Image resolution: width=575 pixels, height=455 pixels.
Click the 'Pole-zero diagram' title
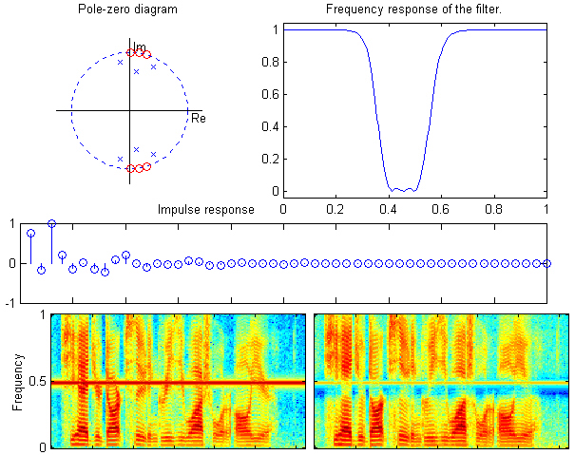[x=128, y=10]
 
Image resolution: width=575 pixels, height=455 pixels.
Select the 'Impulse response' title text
[x=205, y=209]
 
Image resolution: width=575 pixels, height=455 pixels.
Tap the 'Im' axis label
[x=139, y=45]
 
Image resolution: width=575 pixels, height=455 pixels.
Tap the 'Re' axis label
[x=198, y=119]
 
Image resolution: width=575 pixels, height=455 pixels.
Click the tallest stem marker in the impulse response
[x=51, y=224]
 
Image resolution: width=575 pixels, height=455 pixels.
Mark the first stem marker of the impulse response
[x=30, y=233]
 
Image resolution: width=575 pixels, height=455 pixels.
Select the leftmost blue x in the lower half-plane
[x=120, y=159]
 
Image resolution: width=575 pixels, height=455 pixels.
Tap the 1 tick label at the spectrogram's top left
[x=42, y=314]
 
